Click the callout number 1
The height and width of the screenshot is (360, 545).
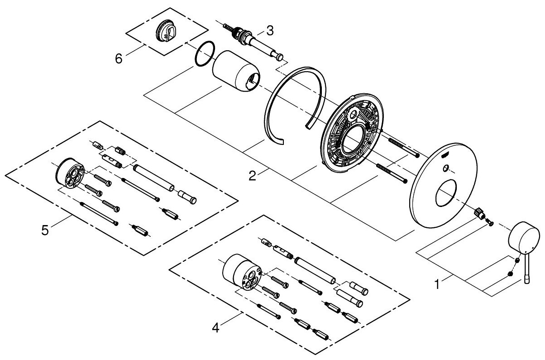point(437,285)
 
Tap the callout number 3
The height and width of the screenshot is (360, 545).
point(269,31)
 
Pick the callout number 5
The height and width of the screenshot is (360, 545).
point(45,230)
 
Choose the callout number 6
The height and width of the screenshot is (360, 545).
point(119,59)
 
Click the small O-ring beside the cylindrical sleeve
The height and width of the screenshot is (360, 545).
point(204,53)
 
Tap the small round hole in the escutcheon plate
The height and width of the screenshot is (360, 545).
point(446,168)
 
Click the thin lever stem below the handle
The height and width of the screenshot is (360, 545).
point(527,271)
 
